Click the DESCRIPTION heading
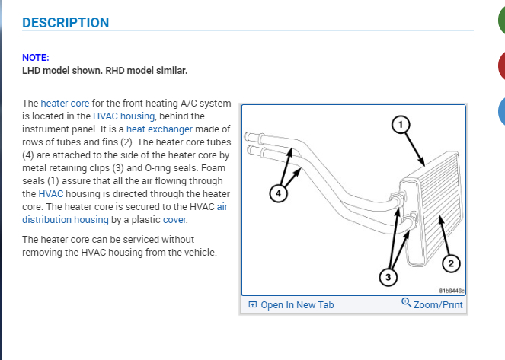[66, 23]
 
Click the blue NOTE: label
[36, 58]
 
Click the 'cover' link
[174, 219]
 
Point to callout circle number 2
[450, 264]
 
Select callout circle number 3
[387, 277]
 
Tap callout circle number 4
[279, 194]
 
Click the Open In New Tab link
[297, 305]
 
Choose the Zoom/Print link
[437, 305]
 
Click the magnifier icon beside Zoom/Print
[406, 304]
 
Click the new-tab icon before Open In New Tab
[253, 305]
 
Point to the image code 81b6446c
[452, 291]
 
